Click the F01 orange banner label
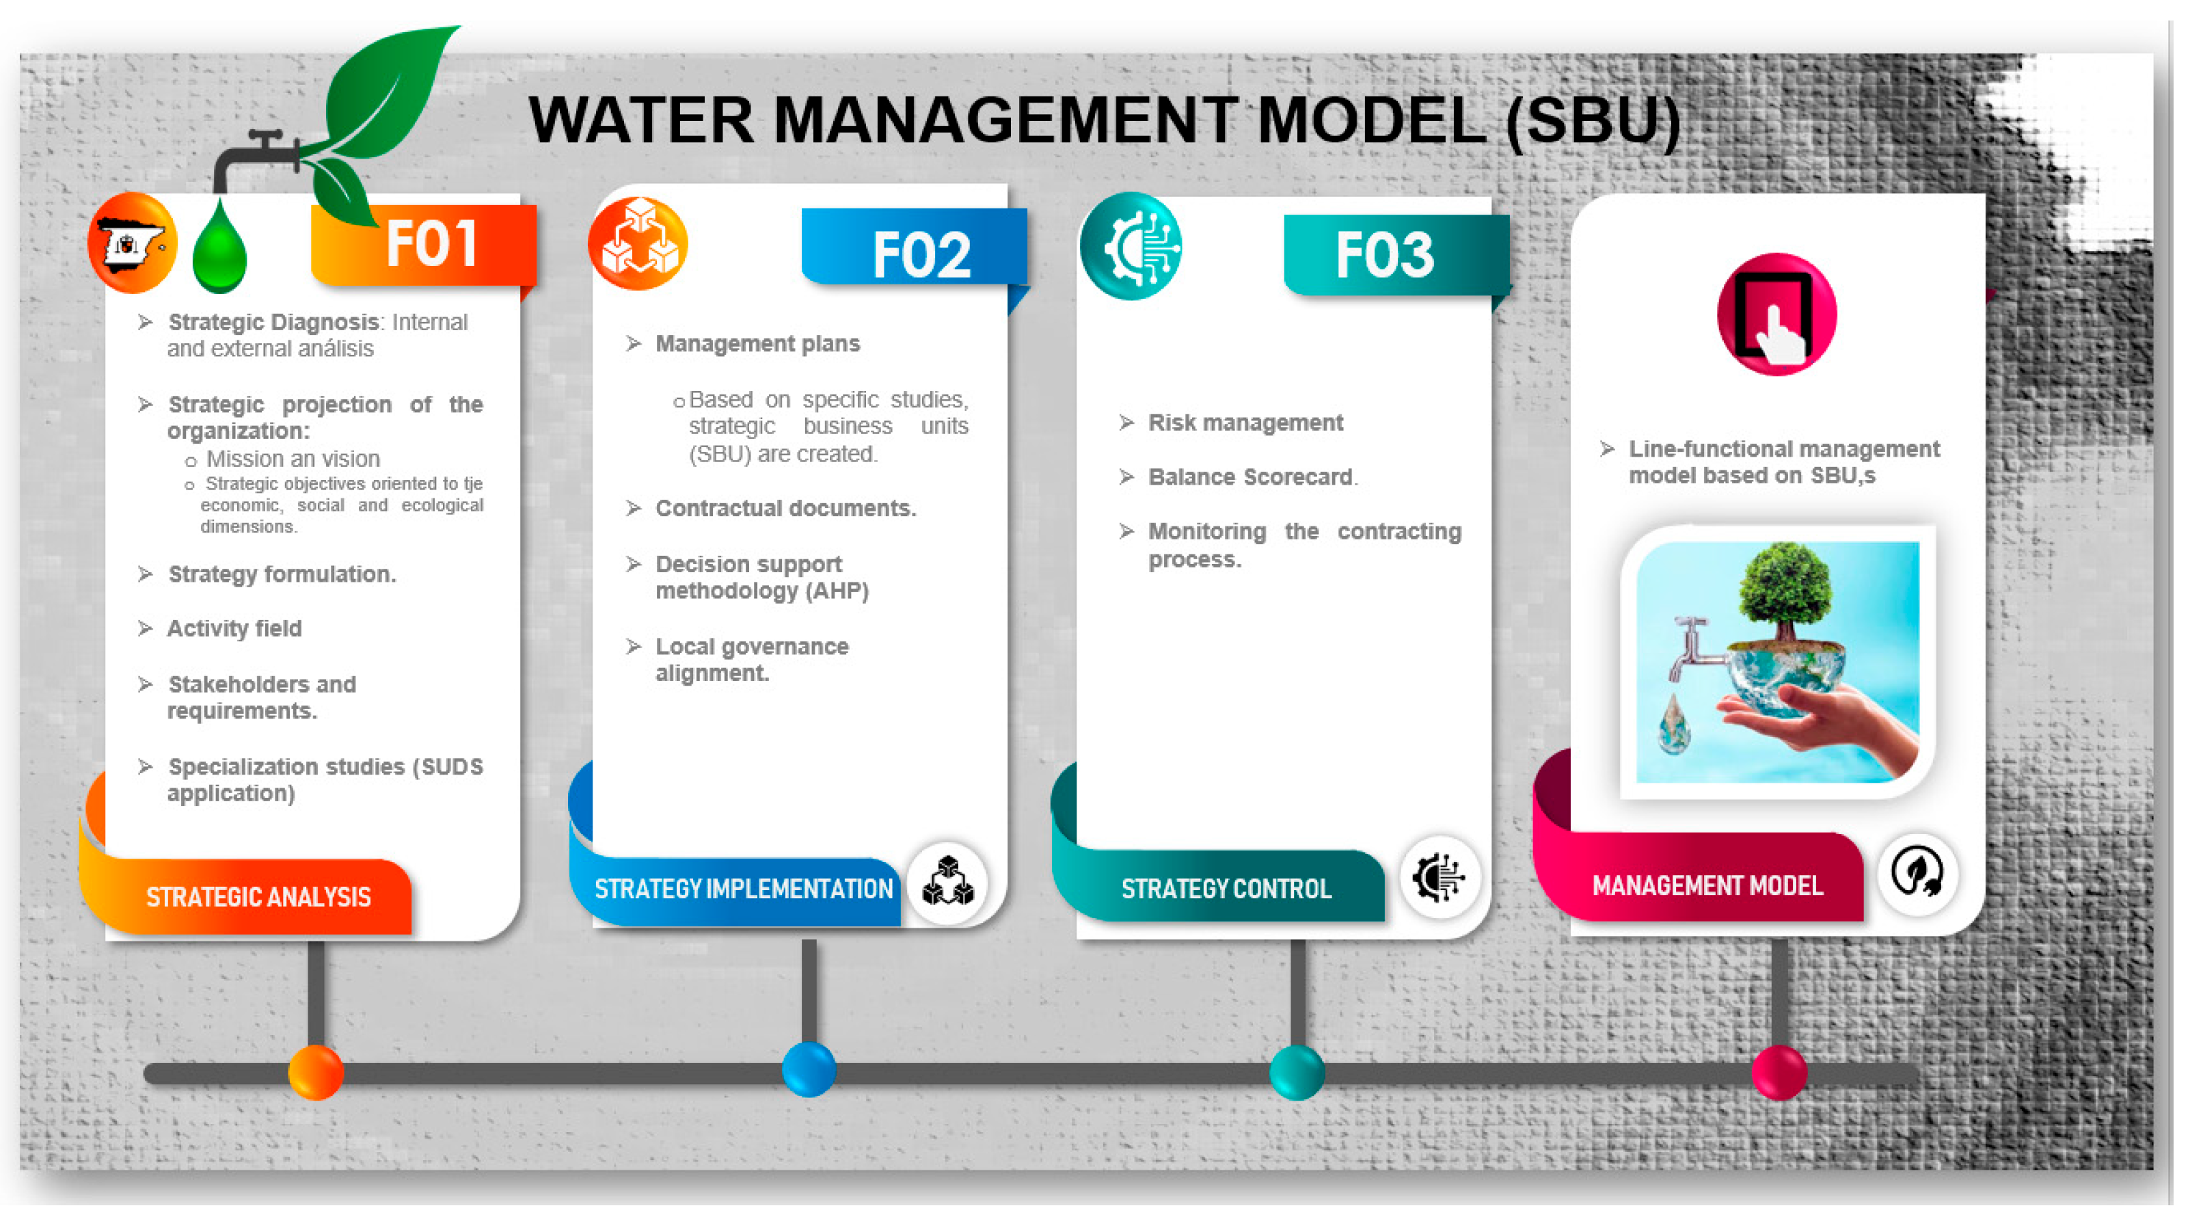pyautogui.click(x=429, y=245)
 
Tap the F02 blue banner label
pyautogui.click(x=920, y=254)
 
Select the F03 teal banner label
pyautogui.click(x=1384, y=254)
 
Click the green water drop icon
pyautogui.click(x=219, y=249)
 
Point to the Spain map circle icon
pyautogui.click(x=132, y=243)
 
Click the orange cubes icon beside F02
pyautogui.click(x=638, y=243)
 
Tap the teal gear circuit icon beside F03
pyautogui.click(x=1131, y=247)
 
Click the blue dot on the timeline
pyautogui.click(x=808, y=1070)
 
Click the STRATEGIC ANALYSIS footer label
pyautogui.click(x=258, y=897)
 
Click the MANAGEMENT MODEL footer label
pyautogui.click(x=1707, y=886)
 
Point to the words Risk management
pyautogui.click(x=1245, y=422)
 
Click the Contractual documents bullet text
pyautogui.click(x=785, y=509)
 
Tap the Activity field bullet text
pyautogui.click(x=234, y=628)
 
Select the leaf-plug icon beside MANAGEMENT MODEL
pyautogui.click(x=1917, y=873)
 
